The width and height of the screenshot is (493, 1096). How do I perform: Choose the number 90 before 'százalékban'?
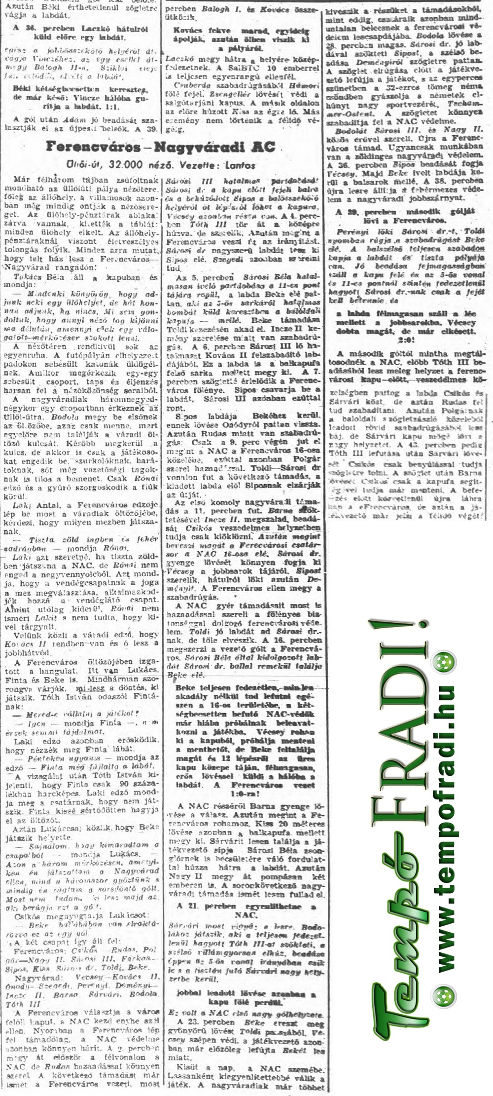(120, 785)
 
